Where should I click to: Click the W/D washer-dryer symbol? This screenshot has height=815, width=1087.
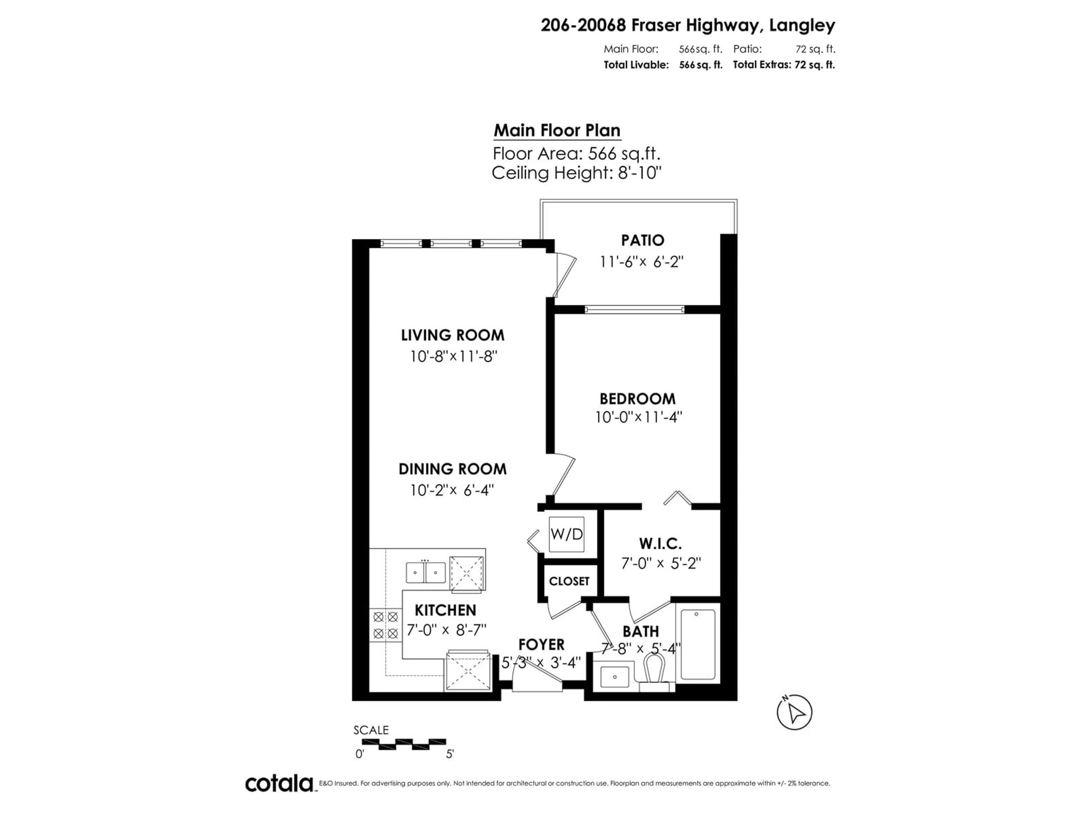pos(567,534)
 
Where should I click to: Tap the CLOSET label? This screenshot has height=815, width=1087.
pos(569,581)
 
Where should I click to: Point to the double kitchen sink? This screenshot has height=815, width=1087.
pos(425,572)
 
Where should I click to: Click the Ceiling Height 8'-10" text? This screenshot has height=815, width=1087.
pos(576,173)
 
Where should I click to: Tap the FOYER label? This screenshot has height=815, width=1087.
pos(542,644)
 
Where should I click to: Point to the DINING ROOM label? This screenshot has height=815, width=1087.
pos(452,469)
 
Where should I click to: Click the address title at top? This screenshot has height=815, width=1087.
pos(688,25)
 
